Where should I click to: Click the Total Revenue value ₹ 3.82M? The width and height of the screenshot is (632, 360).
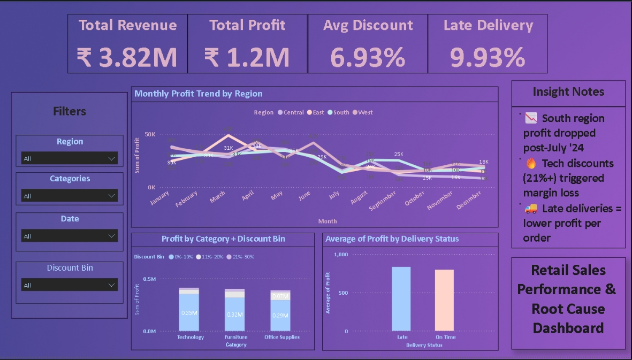tap(127, 57)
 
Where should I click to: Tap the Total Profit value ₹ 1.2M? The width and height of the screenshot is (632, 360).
tap(247, 57)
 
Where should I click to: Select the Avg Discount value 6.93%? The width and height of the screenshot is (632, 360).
tap(368, 57)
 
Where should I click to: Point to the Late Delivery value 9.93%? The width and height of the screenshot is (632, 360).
tap(488, 57)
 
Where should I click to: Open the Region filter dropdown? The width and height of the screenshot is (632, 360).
tap(69, 159)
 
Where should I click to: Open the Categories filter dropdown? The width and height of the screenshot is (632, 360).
tap(69, 196)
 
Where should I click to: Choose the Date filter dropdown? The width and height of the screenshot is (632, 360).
tap(69, 236)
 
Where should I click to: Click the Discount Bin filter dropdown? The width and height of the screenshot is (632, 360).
tap(69, 285)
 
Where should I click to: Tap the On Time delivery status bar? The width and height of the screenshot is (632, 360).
tap(444, 300)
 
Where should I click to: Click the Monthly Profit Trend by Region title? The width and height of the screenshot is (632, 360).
tap(199, 94)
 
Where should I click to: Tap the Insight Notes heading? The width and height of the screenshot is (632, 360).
tap(568, 92)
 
